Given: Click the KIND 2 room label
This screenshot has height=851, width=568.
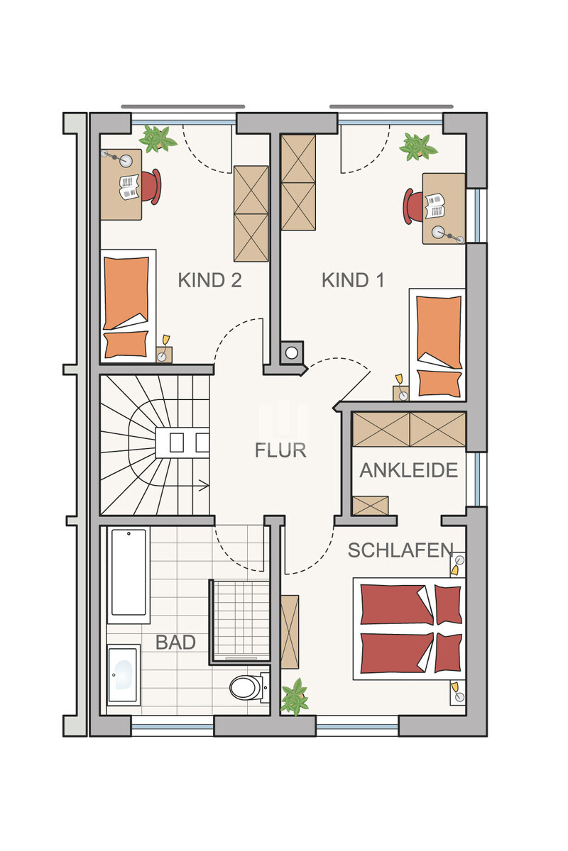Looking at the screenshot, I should click(x=209, y=280).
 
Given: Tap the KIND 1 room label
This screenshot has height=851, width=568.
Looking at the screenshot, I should click(x=353, y=280).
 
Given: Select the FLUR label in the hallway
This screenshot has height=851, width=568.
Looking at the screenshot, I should click(x=280, y=450).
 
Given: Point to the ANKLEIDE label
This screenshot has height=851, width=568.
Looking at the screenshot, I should click(x=408, y=470).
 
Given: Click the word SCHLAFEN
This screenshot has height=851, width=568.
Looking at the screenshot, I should click(x=400, y=550).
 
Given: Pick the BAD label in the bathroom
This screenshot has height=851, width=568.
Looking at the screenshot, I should click(x=175, y=643).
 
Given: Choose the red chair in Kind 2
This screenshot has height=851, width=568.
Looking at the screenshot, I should click(x=151, y=186).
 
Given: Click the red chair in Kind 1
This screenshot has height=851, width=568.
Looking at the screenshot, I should click(x=413, y=206).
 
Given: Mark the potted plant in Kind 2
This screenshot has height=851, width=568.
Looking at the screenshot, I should click(x=158, y=138).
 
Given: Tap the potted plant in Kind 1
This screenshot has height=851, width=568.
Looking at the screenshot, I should click(x=417, y=145).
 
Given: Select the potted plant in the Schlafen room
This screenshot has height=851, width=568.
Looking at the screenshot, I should click(x=294, y=696).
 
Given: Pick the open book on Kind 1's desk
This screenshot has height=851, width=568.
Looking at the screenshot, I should click(x=435, y=206).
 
